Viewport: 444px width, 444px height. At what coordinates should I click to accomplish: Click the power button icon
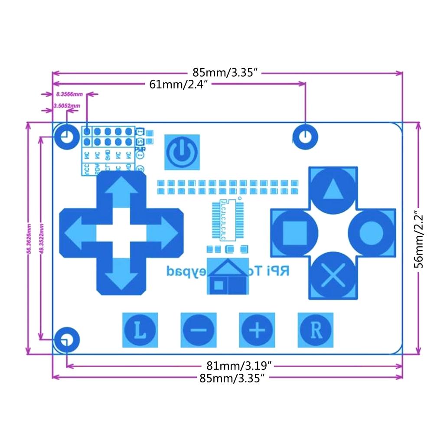(x=182, y=152)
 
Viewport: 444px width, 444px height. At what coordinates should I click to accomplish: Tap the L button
(x=139, y=330)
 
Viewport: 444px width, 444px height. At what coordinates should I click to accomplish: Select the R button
(x=316, y=330)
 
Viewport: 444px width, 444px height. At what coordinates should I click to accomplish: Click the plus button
(x=257, y=330)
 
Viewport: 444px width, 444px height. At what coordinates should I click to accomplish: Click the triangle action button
(x=333, y=188)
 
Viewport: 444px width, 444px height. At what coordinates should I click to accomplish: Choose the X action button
(x=333, y=276)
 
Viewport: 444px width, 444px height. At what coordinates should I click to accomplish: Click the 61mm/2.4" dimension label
(x=180, y=84)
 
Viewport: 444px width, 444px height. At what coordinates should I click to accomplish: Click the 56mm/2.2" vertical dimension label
(x=418, y=240)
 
